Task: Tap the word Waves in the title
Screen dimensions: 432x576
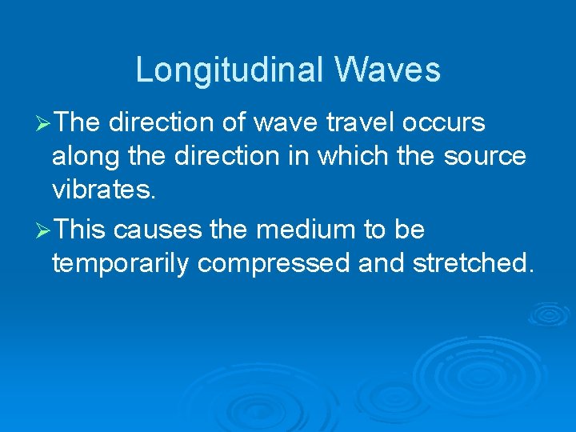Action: pyautogui.click(x=388, y=70)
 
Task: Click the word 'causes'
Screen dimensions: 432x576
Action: pyautogui.click(x=158, y=230)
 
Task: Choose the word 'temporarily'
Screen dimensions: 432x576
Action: pyautogui.click(x=121, y=263)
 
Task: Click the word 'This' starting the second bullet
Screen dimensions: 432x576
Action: pyautogui.click(x=82, y=230)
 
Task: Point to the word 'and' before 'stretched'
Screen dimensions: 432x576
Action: pyautogui.click(x=382, y=263)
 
